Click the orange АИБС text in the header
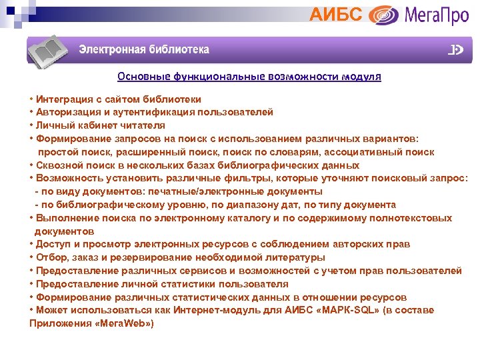[x=337, y=14]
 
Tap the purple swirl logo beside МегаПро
[x=383, y=15]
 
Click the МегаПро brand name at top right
[x=437, y=15]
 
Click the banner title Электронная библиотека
[x=144, y=50]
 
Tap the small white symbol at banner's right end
[x=456, y=50]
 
